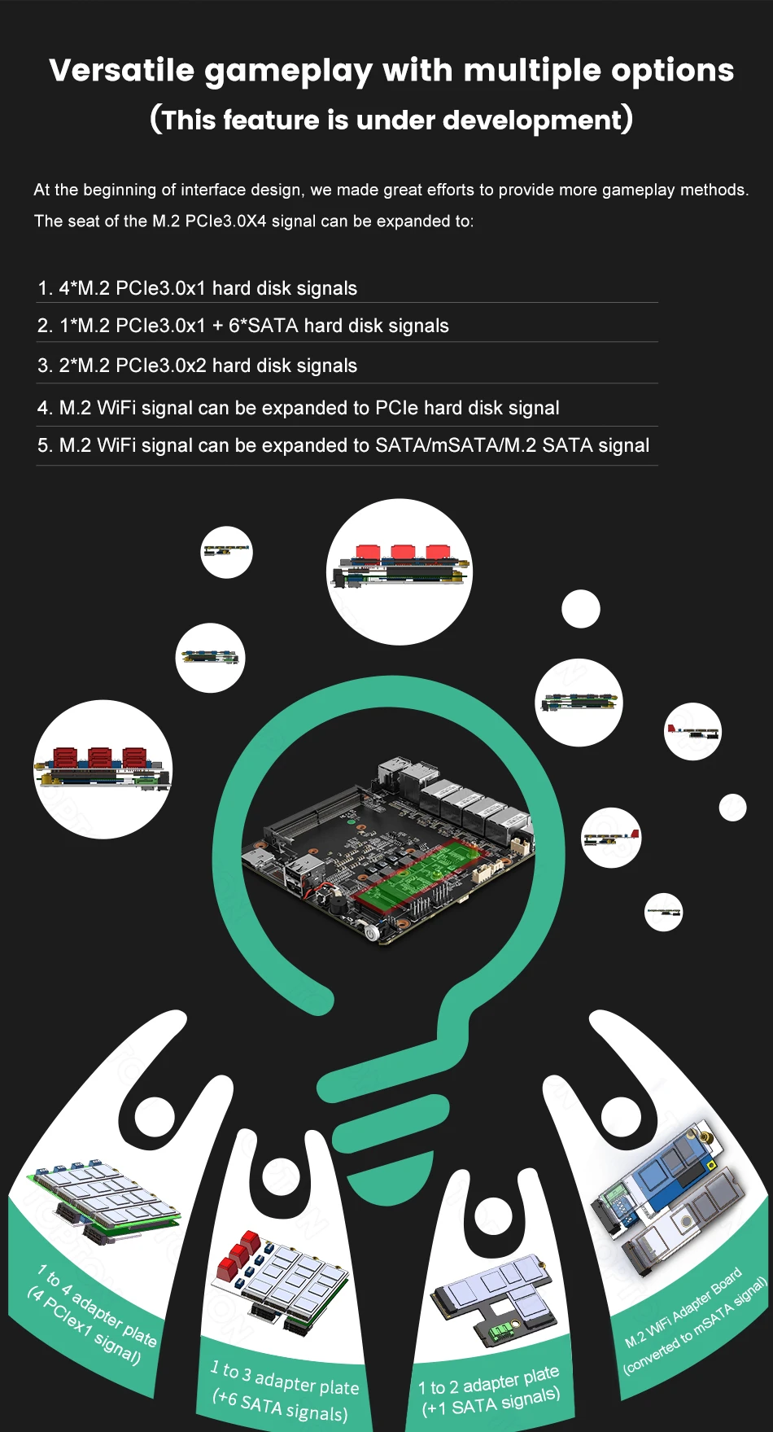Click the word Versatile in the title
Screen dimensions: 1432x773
122,70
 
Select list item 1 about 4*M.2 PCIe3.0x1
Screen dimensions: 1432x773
198,288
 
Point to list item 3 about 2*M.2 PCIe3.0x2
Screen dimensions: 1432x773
198,366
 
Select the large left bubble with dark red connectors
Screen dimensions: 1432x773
103,769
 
